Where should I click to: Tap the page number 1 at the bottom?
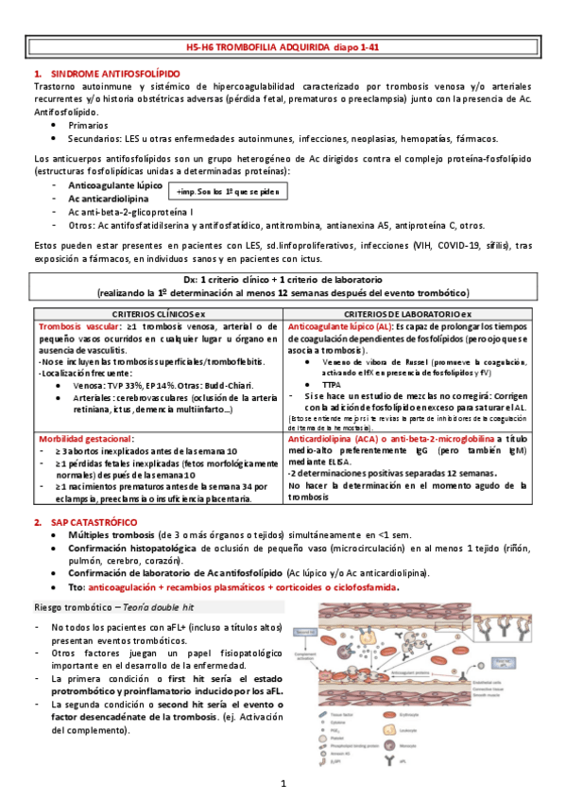pos(283,785)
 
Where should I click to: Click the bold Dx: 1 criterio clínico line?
pos(283,281)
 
